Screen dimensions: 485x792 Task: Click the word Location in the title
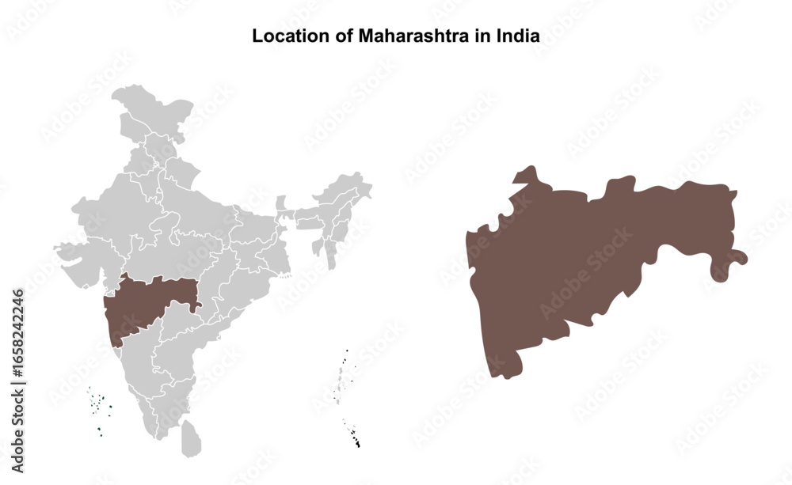pos(282,36)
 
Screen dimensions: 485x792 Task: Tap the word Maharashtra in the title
pos(402,36)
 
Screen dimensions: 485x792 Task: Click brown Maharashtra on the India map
pos(147,305)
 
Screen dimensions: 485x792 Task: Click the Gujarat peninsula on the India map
pos(75,261)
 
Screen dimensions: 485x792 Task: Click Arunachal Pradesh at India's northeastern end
pos(348,188)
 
